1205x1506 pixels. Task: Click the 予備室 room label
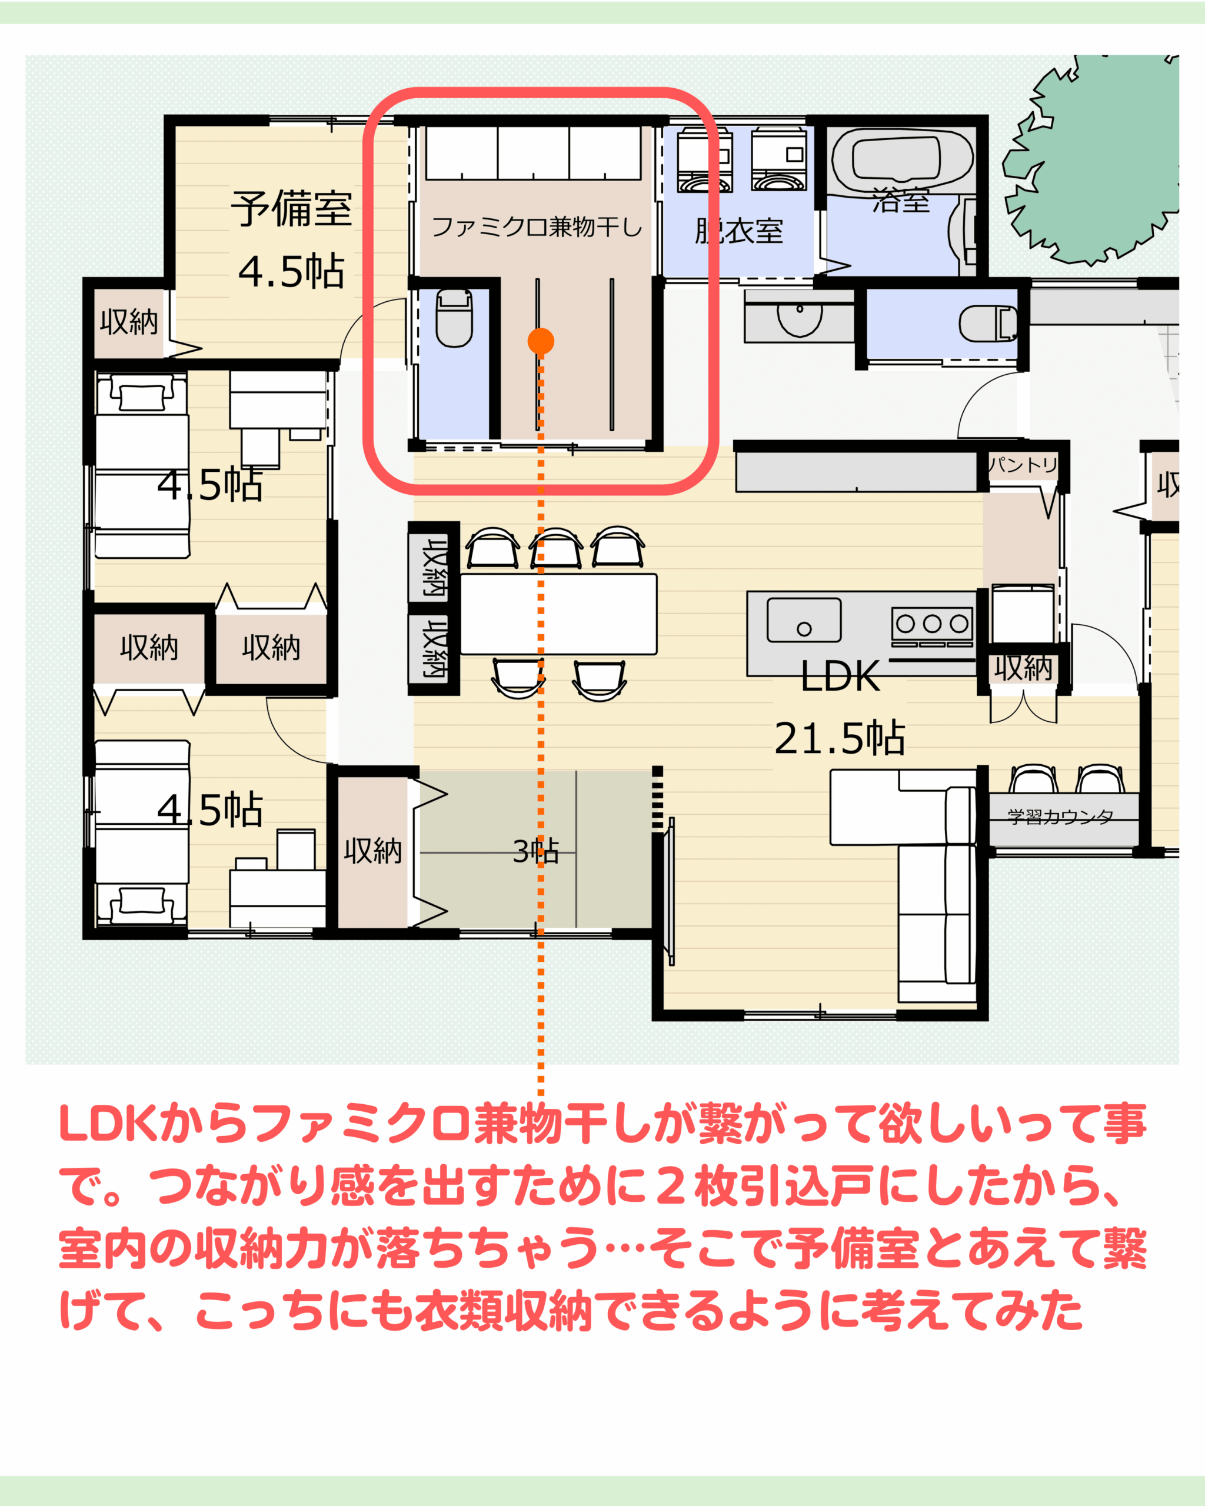click(x=291, y=208)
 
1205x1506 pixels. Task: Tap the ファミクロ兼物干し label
click(x=537, y=227)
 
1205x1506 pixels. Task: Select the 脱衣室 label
click(x=738, y=231)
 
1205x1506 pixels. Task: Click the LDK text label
click(x=840, y=676)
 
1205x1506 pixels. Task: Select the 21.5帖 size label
click(x=840, y=738)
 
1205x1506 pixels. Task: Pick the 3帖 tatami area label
click(x=536, y=851)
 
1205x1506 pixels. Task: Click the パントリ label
click(x=1023, y=465)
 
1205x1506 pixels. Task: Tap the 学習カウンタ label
click(x=1060, y=816)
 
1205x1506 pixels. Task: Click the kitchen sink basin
click(x=803, y=619)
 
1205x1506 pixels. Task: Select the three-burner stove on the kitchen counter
click(x=932, y=623)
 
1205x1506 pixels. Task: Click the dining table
click(x=558, y=614)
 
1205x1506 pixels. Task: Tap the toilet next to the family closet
click(x=454, y=318)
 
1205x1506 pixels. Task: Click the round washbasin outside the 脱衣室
click(x=800, y=317)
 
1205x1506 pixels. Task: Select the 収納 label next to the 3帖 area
click(x=373, y=851)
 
